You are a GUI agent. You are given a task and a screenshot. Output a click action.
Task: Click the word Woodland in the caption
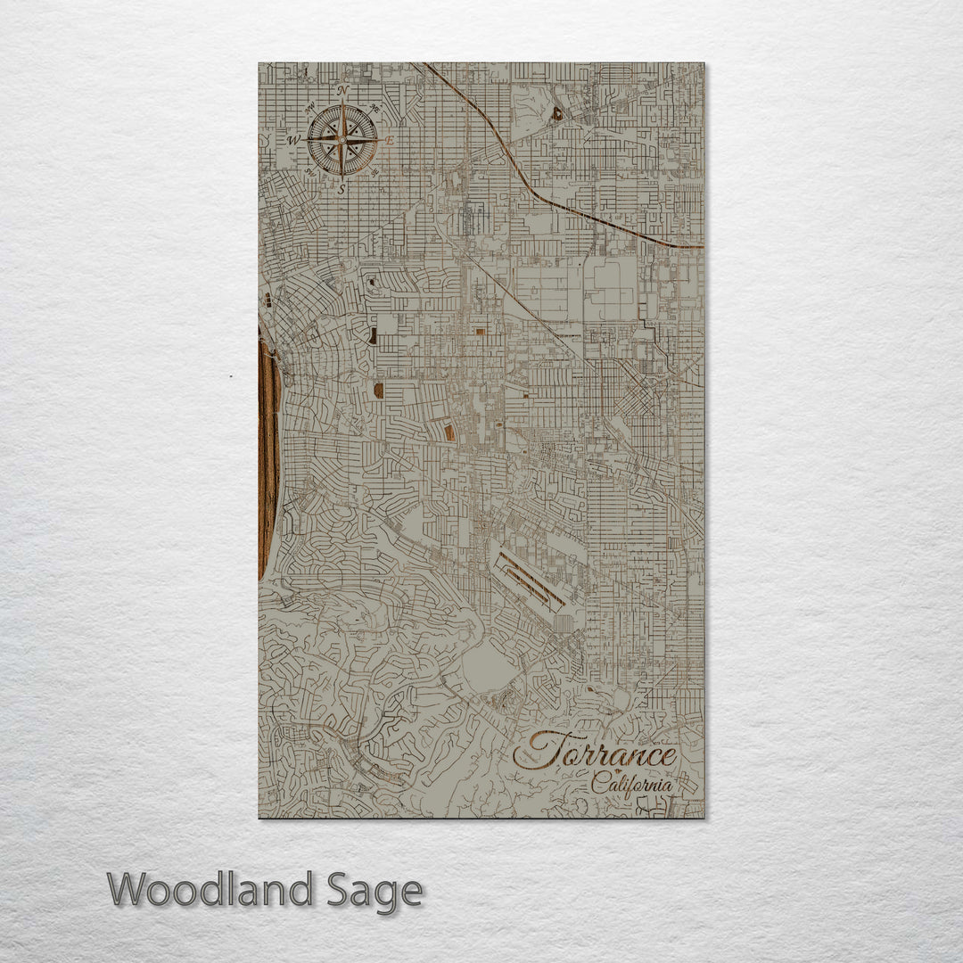tap(210, 890)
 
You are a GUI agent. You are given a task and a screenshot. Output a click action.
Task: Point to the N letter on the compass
tap(343, 90)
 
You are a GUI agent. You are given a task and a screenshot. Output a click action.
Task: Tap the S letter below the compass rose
tap(342, 189)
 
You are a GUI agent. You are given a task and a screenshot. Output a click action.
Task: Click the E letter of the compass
tap(390, 140)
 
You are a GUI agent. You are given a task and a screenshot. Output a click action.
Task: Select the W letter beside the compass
tap(292, 141)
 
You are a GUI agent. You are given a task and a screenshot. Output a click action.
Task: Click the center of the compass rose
tap(342, 140)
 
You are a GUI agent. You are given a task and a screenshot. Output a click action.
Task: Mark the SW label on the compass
tap(310, 172)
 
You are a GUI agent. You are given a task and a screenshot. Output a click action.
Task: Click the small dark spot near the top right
tap(557, 113)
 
